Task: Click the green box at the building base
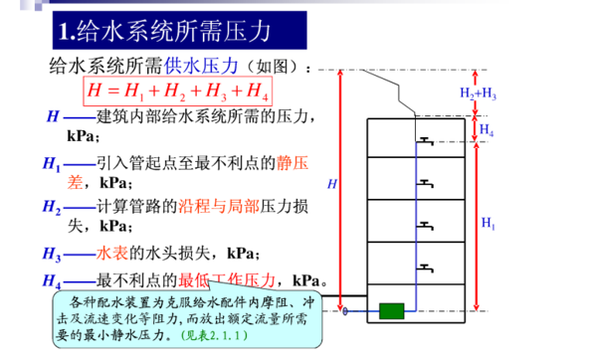390,311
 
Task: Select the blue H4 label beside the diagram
486,129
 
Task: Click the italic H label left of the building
332,185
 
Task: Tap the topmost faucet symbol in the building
425,141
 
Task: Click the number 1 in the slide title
65,31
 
